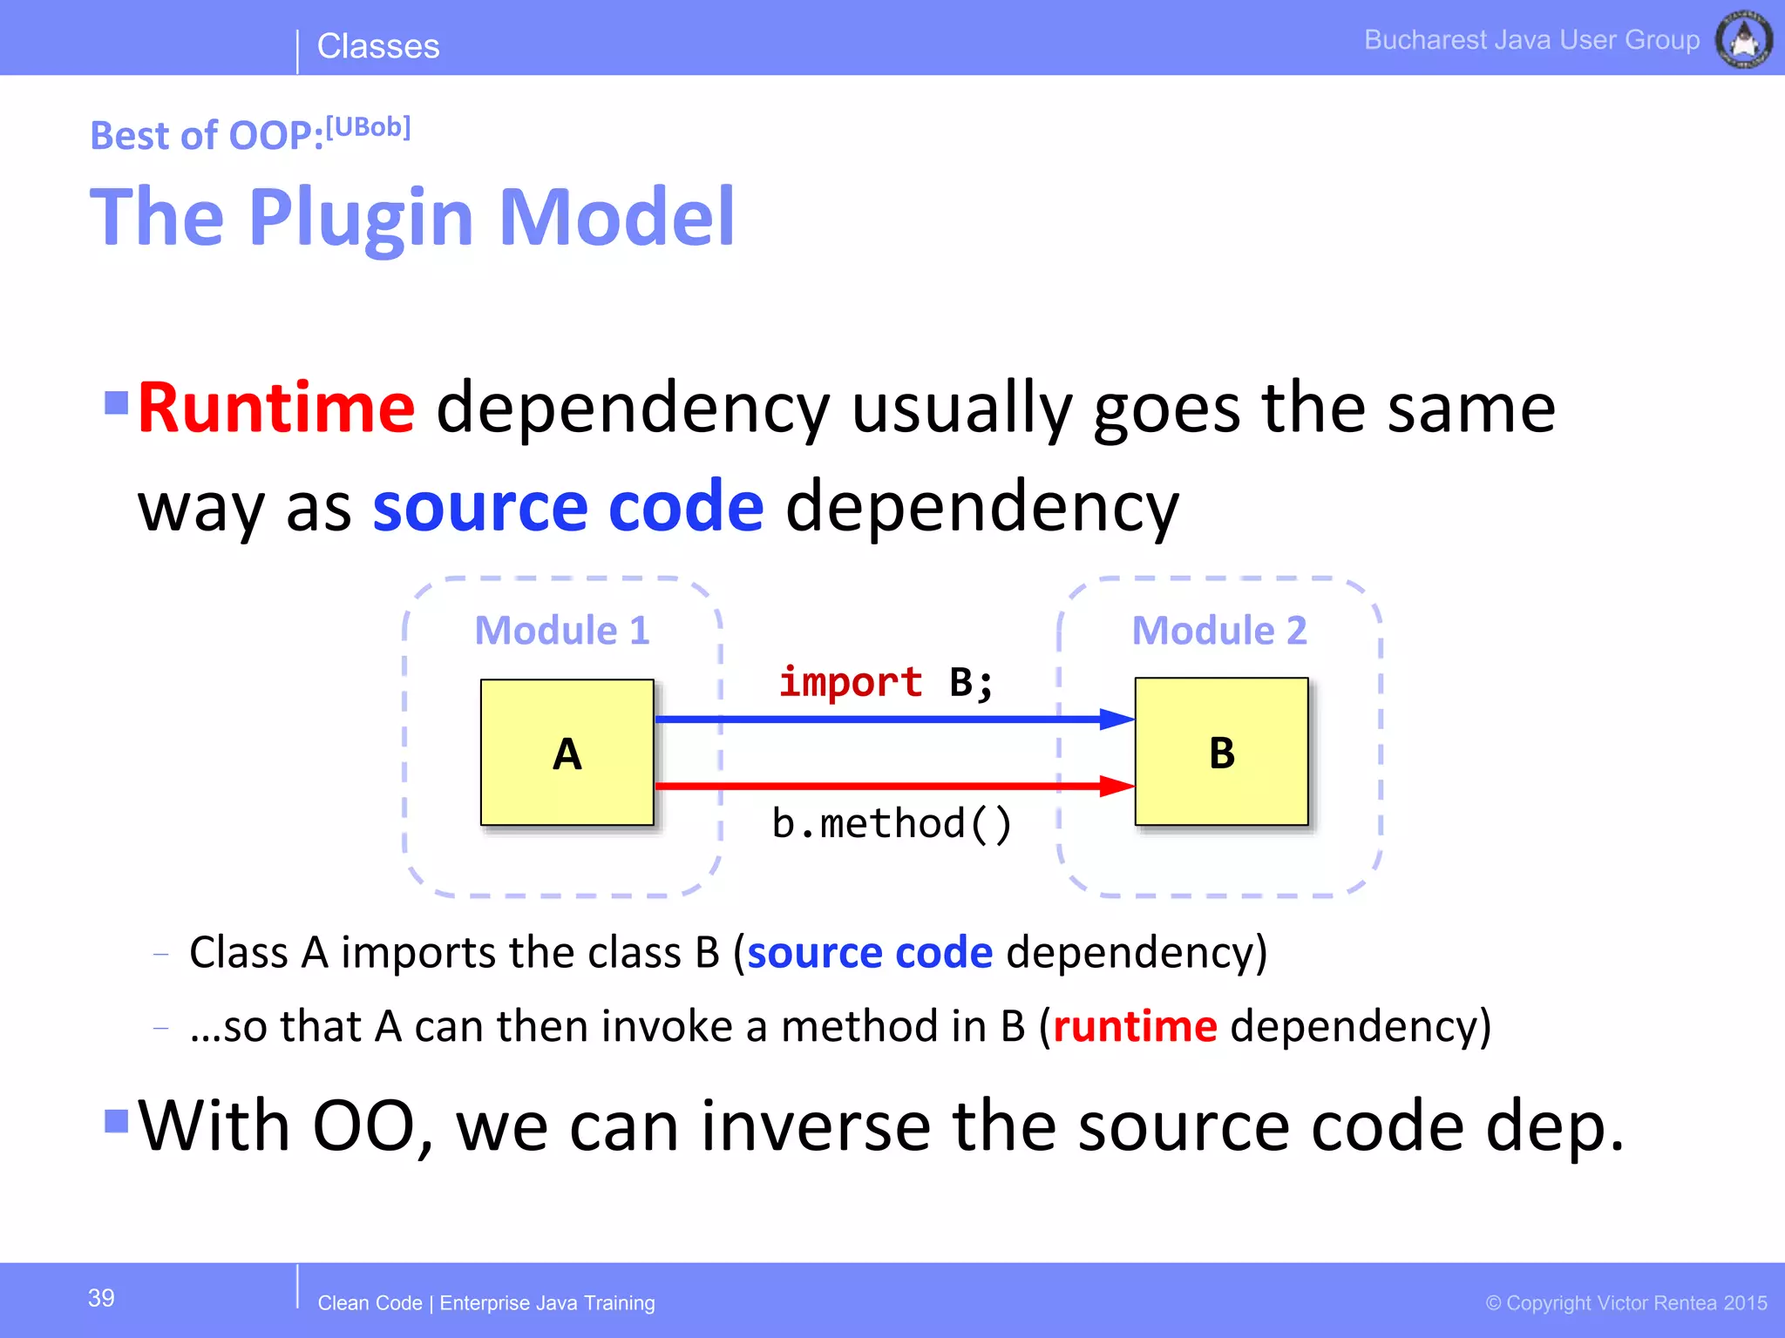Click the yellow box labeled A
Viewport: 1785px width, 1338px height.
(567, 752)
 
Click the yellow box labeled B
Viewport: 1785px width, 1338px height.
(1221, 751)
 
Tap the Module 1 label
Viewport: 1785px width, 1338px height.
(562, 630)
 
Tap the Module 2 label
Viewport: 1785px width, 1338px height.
(1218, 630)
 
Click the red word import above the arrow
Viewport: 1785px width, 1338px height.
(850, 681)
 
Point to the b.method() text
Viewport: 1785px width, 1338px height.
(892, 823)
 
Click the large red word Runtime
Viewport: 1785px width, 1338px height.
(276, 408)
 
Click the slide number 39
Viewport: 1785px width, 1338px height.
(101, 1298)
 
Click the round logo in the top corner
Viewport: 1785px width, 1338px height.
(1743, 39)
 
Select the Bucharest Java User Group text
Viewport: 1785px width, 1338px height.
(1531, 40)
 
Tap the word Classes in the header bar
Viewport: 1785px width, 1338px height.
(378, 46)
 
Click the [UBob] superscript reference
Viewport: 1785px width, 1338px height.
(368, 127)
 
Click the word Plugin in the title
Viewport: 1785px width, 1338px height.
(361, 218)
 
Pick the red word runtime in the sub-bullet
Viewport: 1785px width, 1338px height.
(1134, 1026)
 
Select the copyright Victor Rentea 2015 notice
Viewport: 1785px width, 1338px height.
(1626, 1303)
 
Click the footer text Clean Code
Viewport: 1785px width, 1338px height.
(370, 1303)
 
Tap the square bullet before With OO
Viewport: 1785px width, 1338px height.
(116, 1120)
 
